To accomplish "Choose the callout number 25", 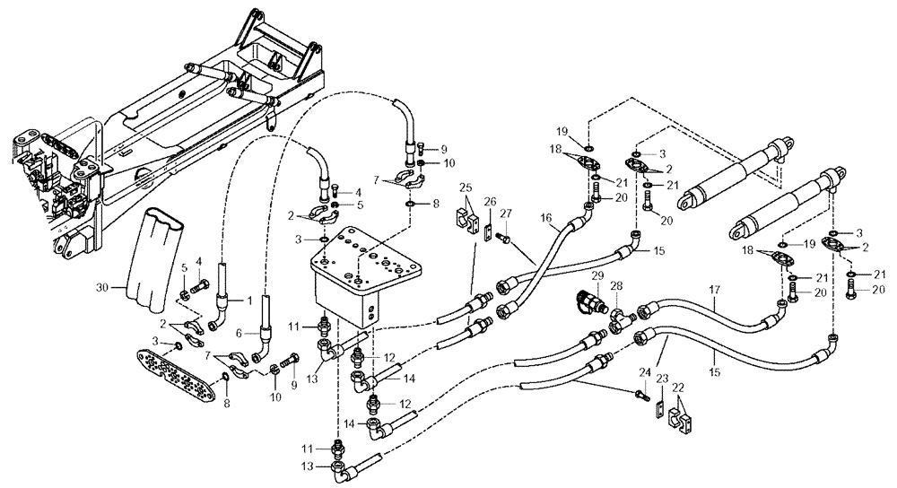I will coord(466,187).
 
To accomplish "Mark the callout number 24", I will coord(643,372).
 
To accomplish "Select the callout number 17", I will coord(714,290).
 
